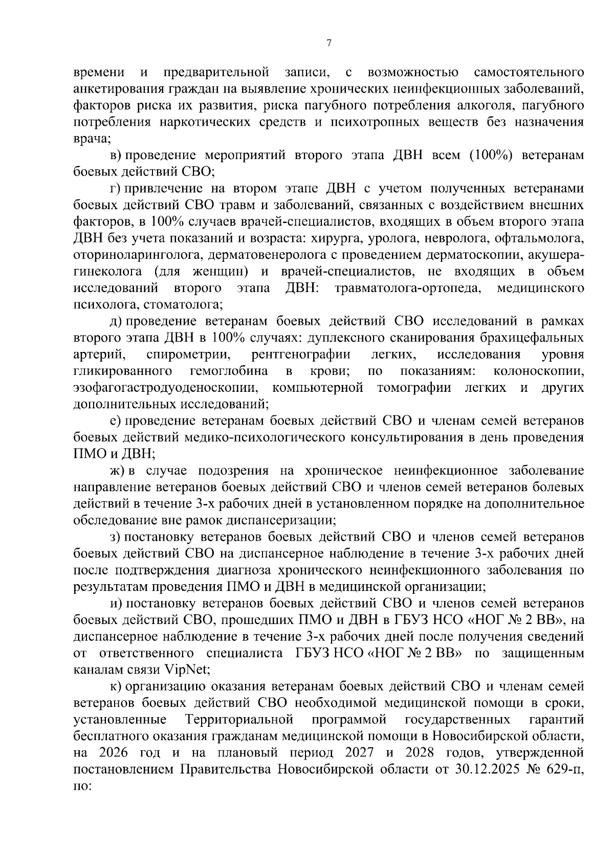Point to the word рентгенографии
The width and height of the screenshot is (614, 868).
tap(301, 355)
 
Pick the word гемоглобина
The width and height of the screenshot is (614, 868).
tap(228, 371)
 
